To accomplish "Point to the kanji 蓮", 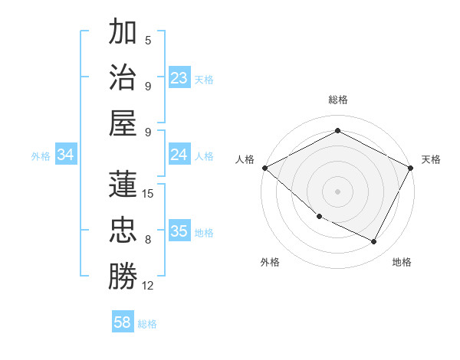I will (123, 184).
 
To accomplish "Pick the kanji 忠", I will (123, 230).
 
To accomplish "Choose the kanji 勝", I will (123, 276).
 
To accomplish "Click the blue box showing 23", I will (179, 78).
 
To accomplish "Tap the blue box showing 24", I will (179, 155).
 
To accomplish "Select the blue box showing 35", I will (179, 231).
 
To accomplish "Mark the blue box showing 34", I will (66, 155).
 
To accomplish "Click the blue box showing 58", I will (123, 322).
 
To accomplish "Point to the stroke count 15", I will (148, 194).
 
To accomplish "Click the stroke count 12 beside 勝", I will (148, 286).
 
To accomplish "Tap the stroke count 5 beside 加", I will (148, 41).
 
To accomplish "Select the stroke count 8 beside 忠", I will (148, 240).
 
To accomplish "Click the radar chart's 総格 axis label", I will (337, 100).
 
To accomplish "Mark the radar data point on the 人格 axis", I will (264, 168).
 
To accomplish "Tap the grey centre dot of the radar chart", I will (337, 191).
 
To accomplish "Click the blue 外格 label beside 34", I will (41, 155).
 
